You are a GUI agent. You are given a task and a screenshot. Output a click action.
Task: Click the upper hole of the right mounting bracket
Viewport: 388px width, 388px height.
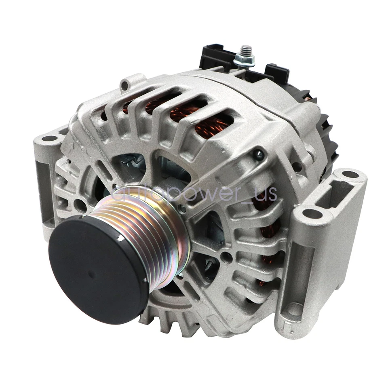350,175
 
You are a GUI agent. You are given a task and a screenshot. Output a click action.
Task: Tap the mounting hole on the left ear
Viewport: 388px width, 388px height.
50,138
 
